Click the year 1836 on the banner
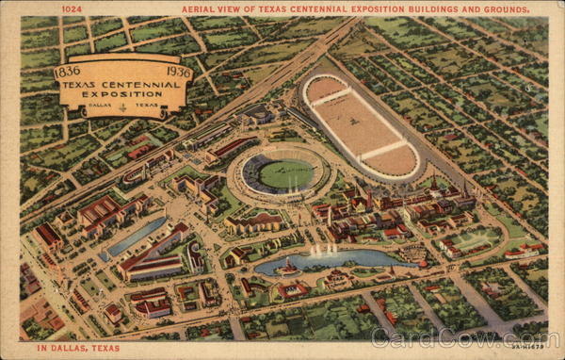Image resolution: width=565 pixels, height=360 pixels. (68, 71)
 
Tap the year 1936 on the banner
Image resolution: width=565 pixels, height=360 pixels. (179, 71)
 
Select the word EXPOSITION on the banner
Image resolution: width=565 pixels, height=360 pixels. (123, 95)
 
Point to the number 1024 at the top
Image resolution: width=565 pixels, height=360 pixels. (72, 9)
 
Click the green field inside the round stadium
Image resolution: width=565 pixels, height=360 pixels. (285, 173)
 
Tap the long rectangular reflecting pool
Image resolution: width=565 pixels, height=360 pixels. (136, 237)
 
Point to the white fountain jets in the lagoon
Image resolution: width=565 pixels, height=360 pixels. (322, 250)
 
